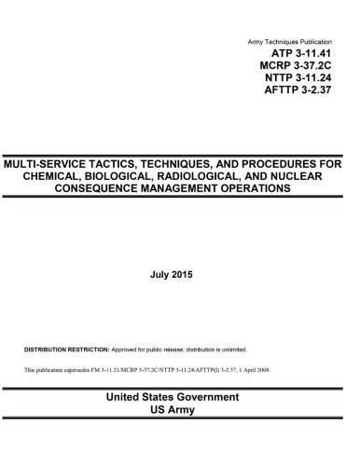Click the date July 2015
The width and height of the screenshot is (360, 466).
pyautogui.click(x=180, y=276)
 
